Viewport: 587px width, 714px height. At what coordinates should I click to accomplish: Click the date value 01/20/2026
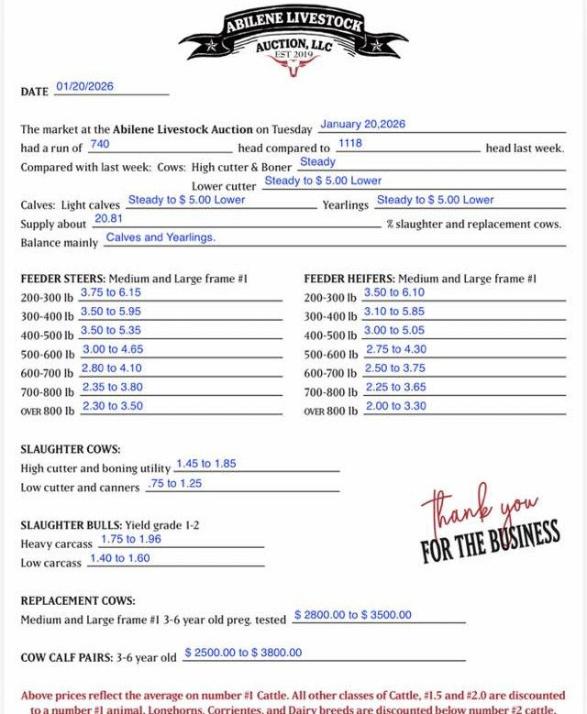pyautogui.click(x=84, y=86)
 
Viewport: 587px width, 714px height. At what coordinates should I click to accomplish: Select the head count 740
pyautogui.click(x=100, y=144)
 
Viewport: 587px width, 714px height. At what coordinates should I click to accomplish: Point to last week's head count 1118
pyautogui.click(x=349, y=144)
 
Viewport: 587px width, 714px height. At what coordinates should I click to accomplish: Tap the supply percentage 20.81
pyautogui.click(x=108, y=219)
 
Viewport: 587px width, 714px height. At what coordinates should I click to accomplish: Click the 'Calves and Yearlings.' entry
pyautogui.click(x=161, y=237)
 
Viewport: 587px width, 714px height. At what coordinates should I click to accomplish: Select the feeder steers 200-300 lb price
pyautogui.click(x=110, y=292)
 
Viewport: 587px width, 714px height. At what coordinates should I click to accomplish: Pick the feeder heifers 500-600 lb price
pyautogui.click(x=394, y=349)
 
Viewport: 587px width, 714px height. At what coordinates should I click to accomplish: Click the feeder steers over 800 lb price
pyautogui.click(x=112, y=406)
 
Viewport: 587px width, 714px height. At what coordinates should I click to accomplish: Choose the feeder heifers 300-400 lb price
pyautogui.click(x=394, y=312)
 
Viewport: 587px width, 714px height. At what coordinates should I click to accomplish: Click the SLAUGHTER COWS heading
pyautogui.click(x=71, y=450)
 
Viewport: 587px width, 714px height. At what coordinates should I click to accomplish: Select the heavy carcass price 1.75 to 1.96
pyautogui.click(x=130, y=539)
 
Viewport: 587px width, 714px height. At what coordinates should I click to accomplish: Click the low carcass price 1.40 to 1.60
pyautogui.click(x=119, y=558)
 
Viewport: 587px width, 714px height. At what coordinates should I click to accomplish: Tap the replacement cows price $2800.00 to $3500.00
pyautogui.click(x=352, y=615)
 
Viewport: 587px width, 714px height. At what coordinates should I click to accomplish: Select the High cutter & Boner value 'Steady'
pyautogui.click(x=317, y=162)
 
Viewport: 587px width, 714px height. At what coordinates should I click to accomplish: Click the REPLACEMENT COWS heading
pyautogui.click(x=77, y=601)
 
